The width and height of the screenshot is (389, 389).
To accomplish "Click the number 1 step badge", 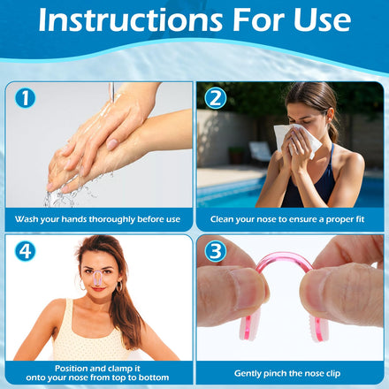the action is click(x=26, y=98).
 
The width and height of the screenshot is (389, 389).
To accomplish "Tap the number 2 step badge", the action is click(x=216, y=98).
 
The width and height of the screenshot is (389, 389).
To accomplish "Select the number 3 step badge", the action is click(x=216, y=251).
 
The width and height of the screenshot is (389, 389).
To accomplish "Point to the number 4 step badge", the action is click(x=26, y=251).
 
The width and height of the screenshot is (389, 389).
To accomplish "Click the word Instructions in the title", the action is click(x=131, y=20).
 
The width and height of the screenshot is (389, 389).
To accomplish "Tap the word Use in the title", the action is click(x=322, y=20).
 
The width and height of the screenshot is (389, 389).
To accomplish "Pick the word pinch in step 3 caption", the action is click(x=275, y=374).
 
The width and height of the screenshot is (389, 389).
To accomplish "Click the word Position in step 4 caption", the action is click(x=71, y=369).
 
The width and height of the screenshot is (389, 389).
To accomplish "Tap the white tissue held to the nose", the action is click(x=297, y=141).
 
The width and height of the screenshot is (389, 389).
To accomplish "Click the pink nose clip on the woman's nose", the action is click(x=98, y=278).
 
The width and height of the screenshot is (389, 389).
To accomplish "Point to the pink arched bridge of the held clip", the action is click(x=285, y=256).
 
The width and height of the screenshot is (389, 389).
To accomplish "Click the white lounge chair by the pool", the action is click(x=260, y=151).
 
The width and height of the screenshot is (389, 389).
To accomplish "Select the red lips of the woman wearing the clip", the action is click(x=98, y=289).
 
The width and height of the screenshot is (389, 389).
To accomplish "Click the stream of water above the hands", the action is click(x=112, y=92).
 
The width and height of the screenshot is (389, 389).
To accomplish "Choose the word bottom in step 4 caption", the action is click(x=155, y=378).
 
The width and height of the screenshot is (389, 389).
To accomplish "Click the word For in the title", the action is click(x=259, y=20).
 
